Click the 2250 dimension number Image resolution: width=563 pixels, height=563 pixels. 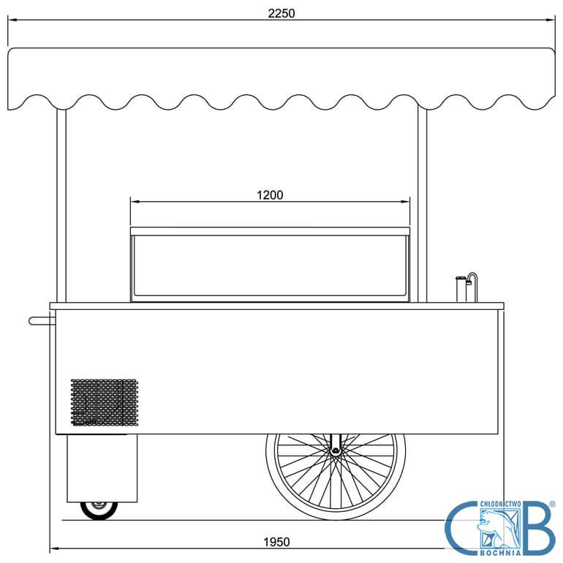coord(281,13)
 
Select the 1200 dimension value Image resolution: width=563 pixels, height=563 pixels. coord(270,195)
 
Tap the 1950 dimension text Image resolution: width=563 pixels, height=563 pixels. coord(276,542)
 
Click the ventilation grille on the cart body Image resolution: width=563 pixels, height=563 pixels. coord(105,402)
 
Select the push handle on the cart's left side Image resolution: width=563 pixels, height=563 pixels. coord(42,321)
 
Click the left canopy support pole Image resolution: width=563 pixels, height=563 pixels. coord(61,205)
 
